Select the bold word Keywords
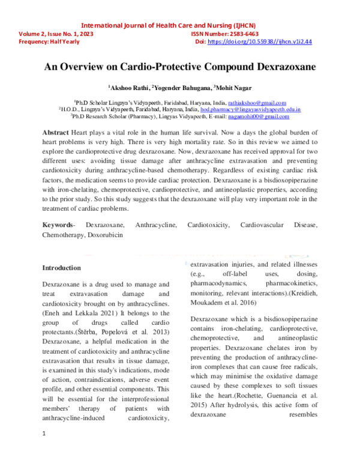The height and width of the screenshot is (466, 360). tap(57, 225)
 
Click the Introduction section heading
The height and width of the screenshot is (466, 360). tap(61, 268)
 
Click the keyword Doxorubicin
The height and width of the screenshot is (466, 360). tap(106, 234)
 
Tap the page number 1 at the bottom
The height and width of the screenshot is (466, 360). tap(44, 450)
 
